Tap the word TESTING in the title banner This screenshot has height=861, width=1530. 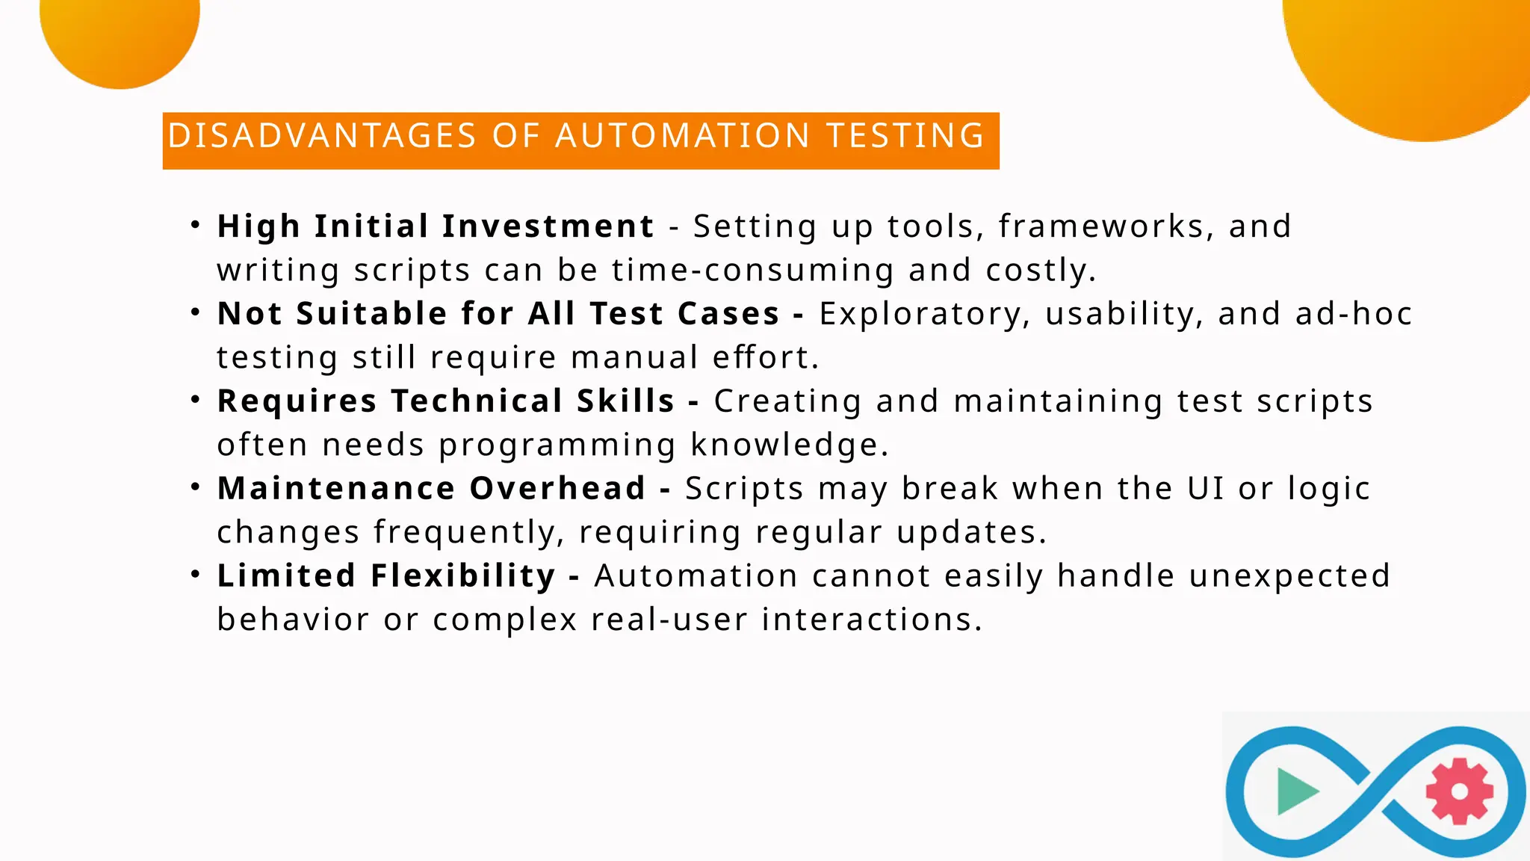pos(905,136)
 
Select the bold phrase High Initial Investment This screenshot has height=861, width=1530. pos(436,226)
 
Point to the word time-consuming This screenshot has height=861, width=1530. pos(752,270)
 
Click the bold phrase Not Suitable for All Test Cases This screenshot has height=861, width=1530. pos(498,314)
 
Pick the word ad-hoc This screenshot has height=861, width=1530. pos(1353,314)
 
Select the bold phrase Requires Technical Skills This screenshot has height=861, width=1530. pos(446,401)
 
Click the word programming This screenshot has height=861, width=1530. pos(557,445)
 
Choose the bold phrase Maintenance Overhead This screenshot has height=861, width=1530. pos(431,489)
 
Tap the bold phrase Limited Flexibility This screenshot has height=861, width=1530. pos(386,576)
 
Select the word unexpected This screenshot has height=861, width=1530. pos(1289,576)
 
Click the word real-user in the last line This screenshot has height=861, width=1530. pos(669,620)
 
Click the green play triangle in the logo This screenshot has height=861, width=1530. pos(1295,791)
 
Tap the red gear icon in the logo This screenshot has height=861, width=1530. pos(1459,791)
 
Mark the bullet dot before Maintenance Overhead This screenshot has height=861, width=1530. pos(195,487)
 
